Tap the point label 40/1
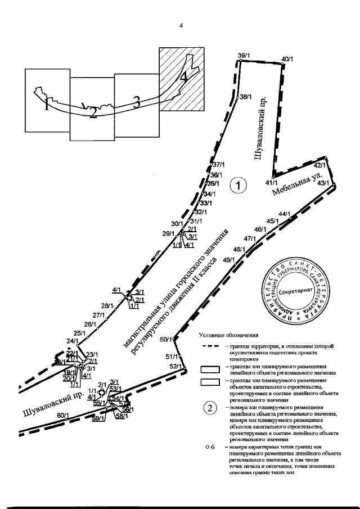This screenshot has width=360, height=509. pos(287,59)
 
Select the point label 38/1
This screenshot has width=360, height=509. pos(246,97)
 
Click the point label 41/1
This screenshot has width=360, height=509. pos(272,183)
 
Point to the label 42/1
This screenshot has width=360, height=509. pos(320,165)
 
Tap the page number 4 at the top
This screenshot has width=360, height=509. pos(181,25)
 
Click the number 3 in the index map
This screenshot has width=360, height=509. pos(136,102)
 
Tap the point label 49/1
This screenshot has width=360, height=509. pos(229,260)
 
